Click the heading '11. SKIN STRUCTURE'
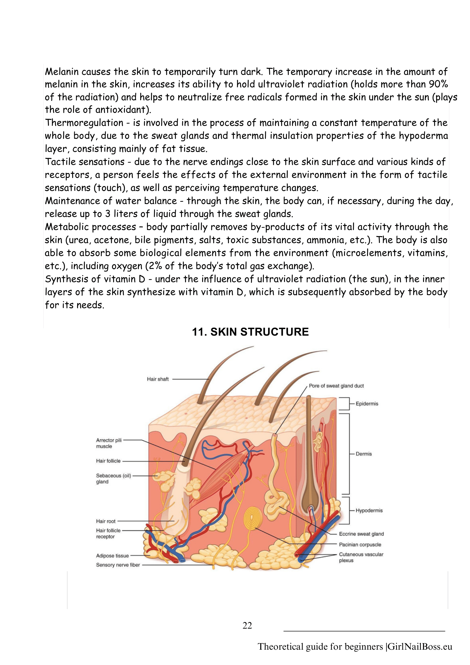coord(250,332)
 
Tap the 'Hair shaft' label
coord(158,379)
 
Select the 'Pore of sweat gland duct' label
coord(336,386)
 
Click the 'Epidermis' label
coord(367,404)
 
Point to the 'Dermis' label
coord(364,454)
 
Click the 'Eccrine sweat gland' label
coord(361,534)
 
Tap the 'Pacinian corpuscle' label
coord(360,545)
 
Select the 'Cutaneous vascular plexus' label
coord(361,557)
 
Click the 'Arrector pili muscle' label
coord(109,443)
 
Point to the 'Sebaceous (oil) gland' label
coord(113,479)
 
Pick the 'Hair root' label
coord(106,521)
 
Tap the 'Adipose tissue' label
coord(112,556)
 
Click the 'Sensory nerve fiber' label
coord(118,565)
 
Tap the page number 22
coord(247,625)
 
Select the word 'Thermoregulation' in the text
coord(84,123)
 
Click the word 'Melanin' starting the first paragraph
coord(61,72)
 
